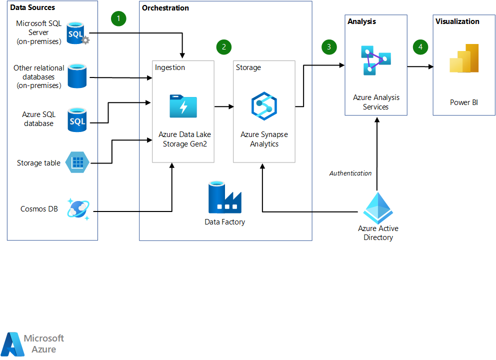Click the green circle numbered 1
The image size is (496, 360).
[118, 19]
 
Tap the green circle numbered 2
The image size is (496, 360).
[224, 47]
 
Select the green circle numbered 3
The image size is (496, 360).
[328, 47]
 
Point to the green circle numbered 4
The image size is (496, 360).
[420, 47]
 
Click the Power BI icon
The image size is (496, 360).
[464, 59]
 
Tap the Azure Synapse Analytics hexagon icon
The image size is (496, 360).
[264, 106]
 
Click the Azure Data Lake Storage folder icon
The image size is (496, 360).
[183, 106]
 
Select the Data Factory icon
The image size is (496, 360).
[224, 198]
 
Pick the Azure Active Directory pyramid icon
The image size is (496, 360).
[378, 207]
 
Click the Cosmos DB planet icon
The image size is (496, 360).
[79, 210]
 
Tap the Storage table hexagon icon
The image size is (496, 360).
[78, 162]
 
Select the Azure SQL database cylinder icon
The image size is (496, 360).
[77, 119]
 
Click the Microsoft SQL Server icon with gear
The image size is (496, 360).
[78, 33]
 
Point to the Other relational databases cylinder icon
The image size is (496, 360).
[77, 75]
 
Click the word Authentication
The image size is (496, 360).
[350, 173]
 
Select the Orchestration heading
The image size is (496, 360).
[165, 8]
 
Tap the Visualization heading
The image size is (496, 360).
[457, 21]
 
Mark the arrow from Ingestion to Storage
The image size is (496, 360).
[223, 106]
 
